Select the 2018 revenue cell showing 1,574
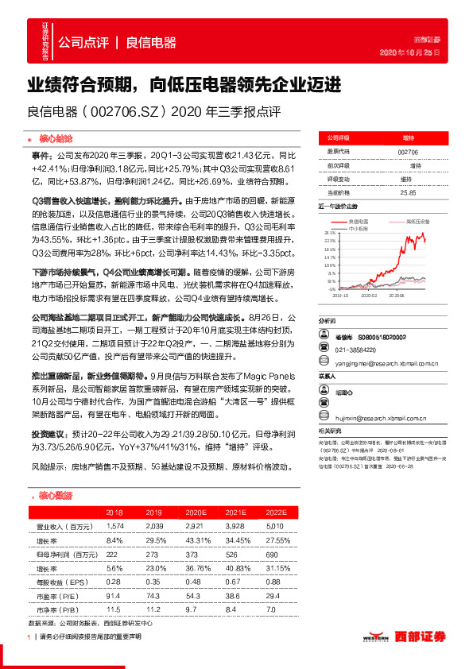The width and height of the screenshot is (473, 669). pos(114,526)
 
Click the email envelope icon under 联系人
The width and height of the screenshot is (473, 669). pos(322,404)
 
